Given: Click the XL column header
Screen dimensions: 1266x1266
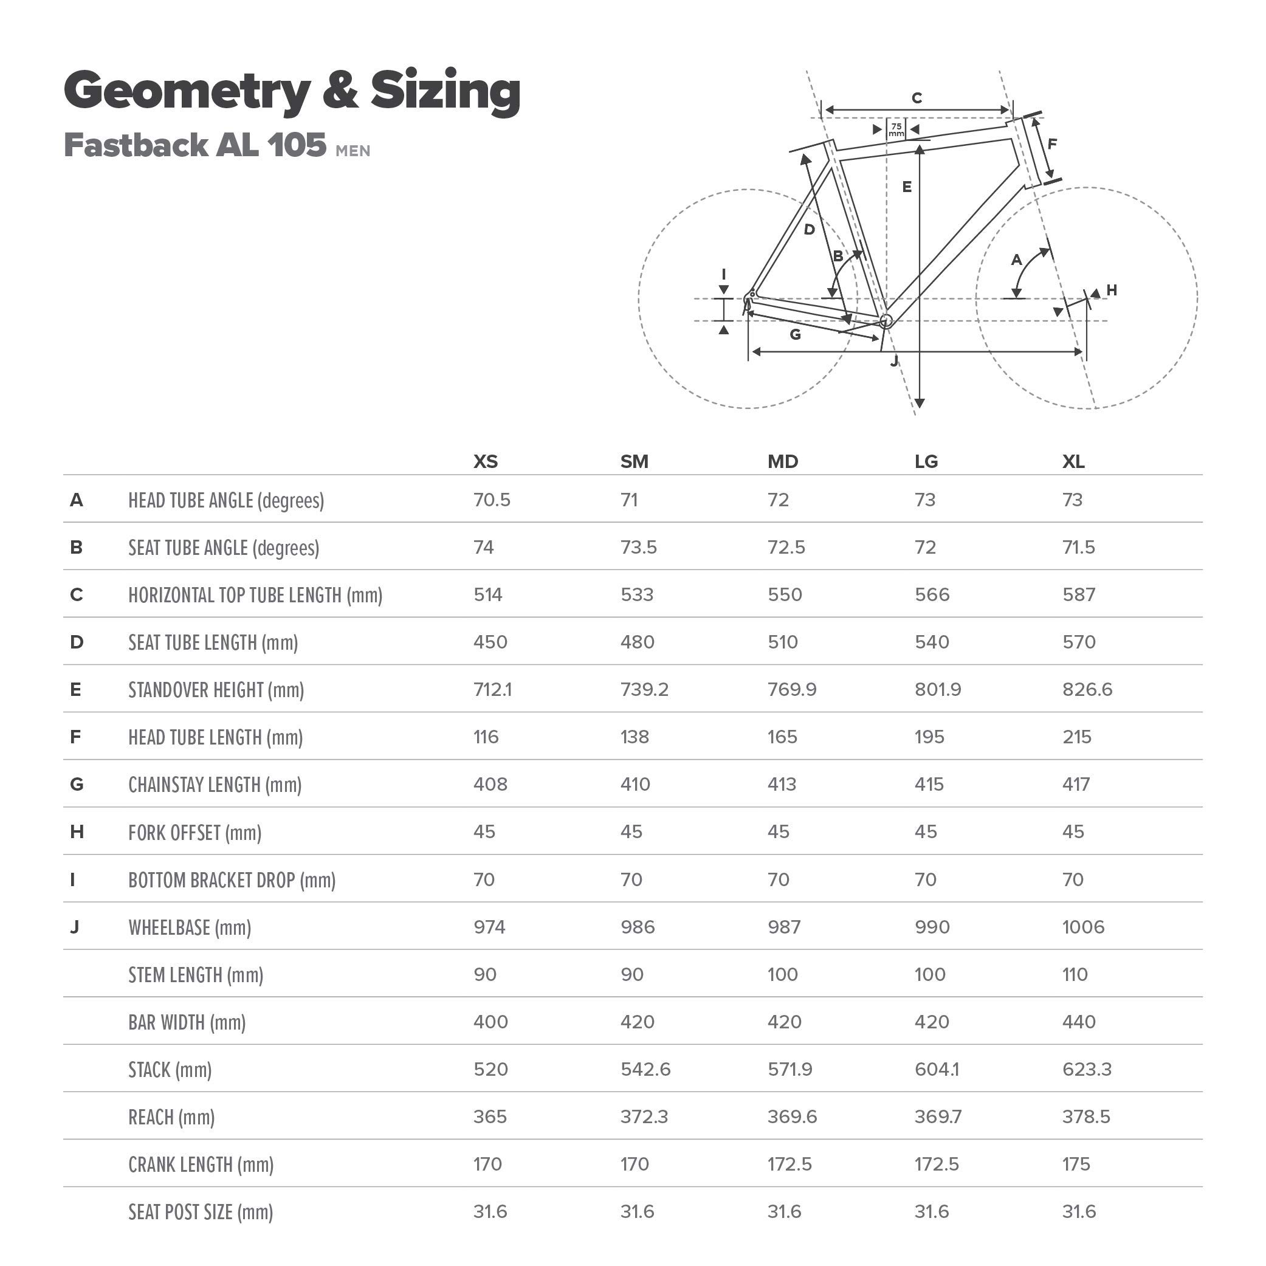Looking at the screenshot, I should click(1073, 462).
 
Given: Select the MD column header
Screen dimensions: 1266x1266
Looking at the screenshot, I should click(782, 462).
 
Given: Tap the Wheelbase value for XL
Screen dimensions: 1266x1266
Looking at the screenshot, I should click(1083, 927).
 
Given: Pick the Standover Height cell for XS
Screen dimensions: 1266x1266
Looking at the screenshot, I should click(492, 689).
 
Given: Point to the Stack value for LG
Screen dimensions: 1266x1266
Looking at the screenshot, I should click(937, 1070).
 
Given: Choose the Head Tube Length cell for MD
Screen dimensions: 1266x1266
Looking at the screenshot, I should click(782, 737).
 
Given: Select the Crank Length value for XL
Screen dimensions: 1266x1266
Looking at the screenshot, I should click(1076, 1165).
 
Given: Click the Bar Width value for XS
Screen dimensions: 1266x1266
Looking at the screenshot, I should click(490, 1022).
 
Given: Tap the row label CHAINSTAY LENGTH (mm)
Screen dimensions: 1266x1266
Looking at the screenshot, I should click(215, 785).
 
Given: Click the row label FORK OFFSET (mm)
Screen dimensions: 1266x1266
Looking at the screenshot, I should click(194, 833).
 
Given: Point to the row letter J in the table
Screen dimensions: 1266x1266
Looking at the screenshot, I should click(75, 927).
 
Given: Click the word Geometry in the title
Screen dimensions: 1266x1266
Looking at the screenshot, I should click(187, 91).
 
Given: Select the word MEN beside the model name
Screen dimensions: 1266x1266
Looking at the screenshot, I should click(353, 151).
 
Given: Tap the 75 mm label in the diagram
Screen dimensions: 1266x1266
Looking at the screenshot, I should click(896, 129).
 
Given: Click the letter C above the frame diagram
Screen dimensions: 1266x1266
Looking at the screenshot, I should click(917, 98).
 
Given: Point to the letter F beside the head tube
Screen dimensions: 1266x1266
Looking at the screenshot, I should click(1051, 143).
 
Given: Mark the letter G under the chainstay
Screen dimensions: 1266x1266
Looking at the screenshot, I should click(796, 335).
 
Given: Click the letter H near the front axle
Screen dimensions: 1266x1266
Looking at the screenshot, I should click(1112, 290).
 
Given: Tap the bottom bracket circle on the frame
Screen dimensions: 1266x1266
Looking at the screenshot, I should click(886, 320).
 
